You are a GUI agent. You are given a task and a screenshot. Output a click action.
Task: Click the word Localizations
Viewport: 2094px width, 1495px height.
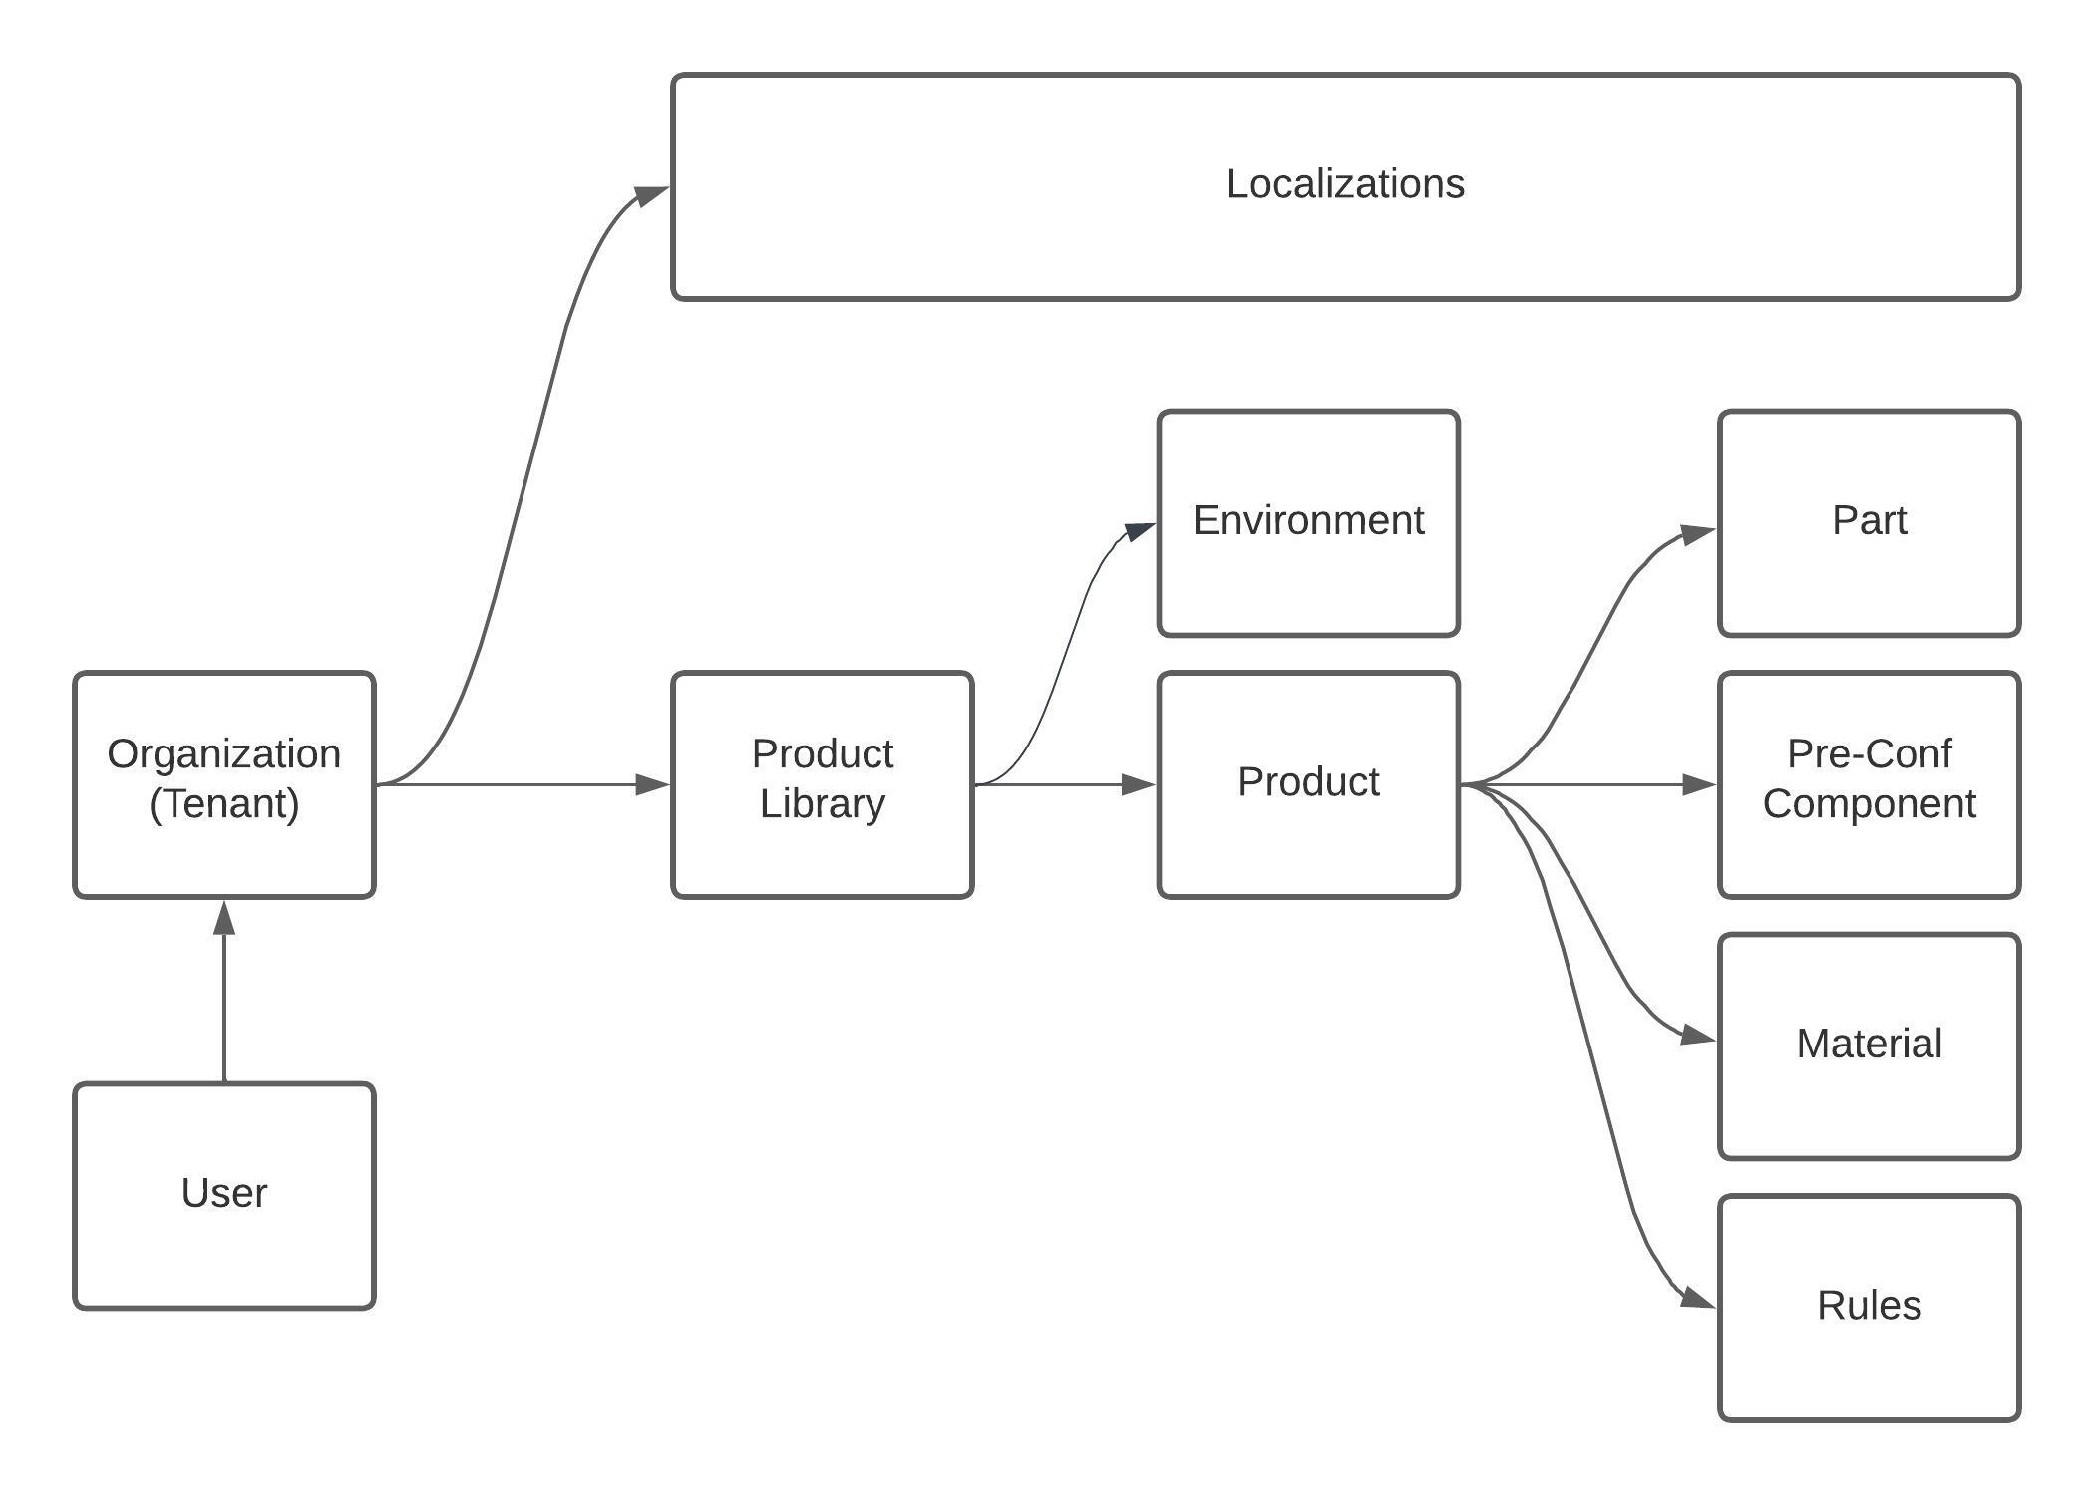point(1345,184)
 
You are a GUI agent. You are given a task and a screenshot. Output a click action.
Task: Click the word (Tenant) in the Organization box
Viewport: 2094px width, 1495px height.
point(224,804)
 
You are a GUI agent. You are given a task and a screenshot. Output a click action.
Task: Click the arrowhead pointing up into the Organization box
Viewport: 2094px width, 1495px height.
point(224,917)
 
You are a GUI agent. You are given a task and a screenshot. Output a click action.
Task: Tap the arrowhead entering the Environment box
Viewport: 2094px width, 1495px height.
point(1139,531)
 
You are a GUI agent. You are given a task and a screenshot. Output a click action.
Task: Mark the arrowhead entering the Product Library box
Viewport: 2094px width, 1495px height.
point(652,784)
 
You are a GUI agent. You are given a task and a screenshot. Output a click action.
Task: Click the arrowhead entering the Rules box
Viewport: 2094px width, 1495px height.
point(1697,1298)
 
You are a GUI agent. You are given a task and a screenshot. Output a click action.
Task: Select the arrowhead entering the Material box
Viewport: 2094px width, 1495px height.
point(1697,1037)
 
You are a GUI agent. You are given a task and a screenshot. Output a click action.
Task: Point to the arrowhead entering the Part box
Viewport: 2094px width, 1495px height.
point(1697,534)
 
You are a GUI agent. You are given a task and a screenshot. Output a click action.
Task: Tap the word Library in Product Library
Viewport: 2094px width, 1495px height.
point(822,804)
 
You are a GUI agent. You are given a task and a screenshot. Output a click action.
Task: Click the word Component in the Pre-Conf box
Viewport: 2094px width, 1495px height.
point(1869,804)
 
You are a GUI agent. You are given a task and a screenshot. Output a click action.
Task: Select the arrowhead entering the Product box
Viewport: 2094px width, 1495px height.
point(1137,784)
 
